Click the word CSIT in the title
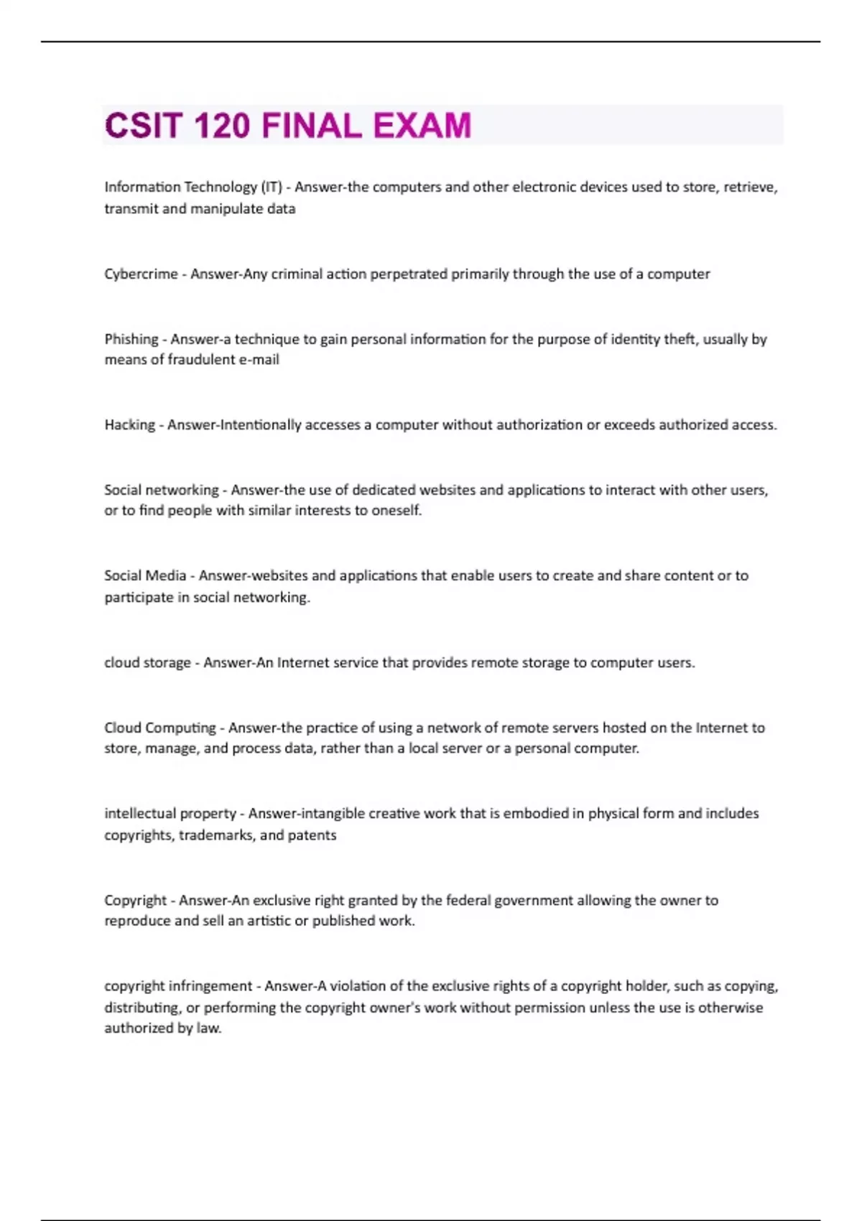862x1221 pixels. [x=143, y=126]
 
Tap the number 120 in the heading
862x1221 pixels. [x=222, y=126]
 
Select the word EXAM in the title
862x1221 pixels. [x=422, y=126]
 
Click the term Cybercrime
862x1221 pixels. [x=141, y=274]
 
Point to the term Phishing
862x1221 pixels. [x=131, y=339]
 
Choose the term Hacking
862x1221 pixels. [x=129, y=425]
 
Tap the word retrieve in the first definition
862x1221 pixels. [x=750, y=187]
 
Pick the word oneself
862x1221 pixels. [x=397, y=511]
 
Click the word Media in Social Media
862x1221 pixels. [x=167, y=576]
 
